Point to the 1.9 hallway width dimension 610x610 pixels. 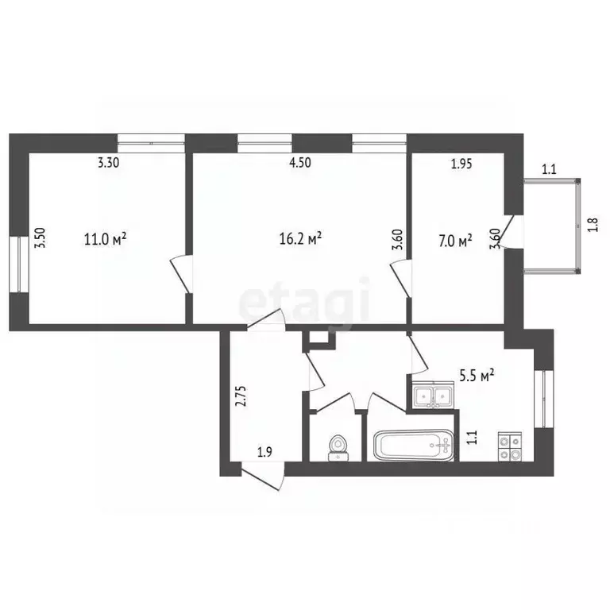[264, 453]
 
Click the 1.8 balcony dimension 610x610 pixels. [591, 224]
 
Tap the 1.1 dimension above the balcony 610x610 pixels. [549, 168]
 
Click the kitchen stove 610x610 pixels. [508, 446]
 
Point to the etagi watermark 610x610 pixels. [305, 301]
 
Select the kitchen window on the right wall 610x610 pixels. [544, 398]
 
